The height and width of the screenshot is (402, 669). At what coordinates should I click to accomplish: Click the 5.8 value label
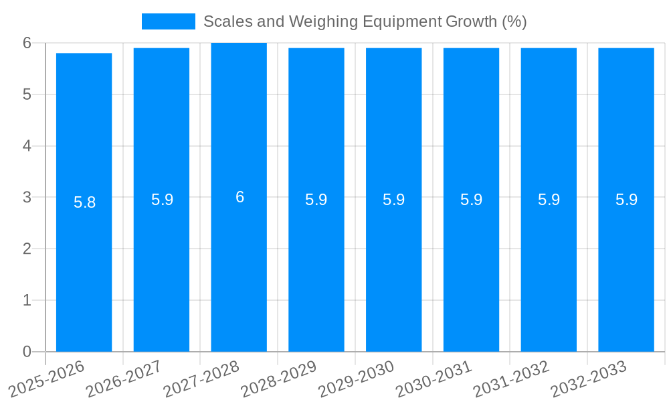(84, 202)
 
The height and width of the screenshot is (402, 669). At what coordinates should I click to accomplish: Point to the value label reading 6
(240, 197)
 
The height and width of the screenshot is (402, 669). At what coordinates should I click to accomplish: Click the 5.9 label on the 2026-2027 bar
(162, 200)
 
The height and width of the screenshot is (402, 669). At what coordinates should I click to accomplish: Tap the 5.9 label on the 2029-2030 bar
(393, 200)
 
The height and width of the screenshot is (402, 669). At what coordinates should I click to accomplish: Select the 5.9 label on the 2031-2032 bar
(549, 200)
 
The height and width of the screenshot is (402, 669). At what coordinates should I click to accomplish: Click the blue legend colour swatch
(168, 21)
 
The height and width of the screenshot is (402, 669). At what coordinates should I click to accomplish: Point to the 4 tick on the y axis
(27, 145)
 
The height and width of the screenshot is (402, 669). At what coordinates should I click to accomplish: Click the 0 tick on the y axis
(27, 351)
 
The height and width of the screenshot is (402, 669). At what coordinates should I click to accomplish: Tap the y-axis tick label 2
(27, 249)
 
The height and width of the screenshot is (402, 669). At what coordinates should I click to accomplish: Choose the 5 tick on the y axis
(27, 94)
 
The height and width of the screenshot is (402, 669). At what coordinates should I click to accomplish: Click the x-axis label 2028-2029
(279, 379)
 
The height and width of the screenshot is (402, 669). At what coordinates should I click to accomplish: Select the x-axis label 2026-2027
(124, 379)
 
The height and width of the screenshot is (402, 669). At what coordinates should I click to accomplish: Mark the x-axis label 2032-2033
(589, 379)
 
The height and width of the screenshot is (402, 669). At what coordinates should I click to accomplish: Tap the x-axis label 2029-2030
(357, 379)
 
